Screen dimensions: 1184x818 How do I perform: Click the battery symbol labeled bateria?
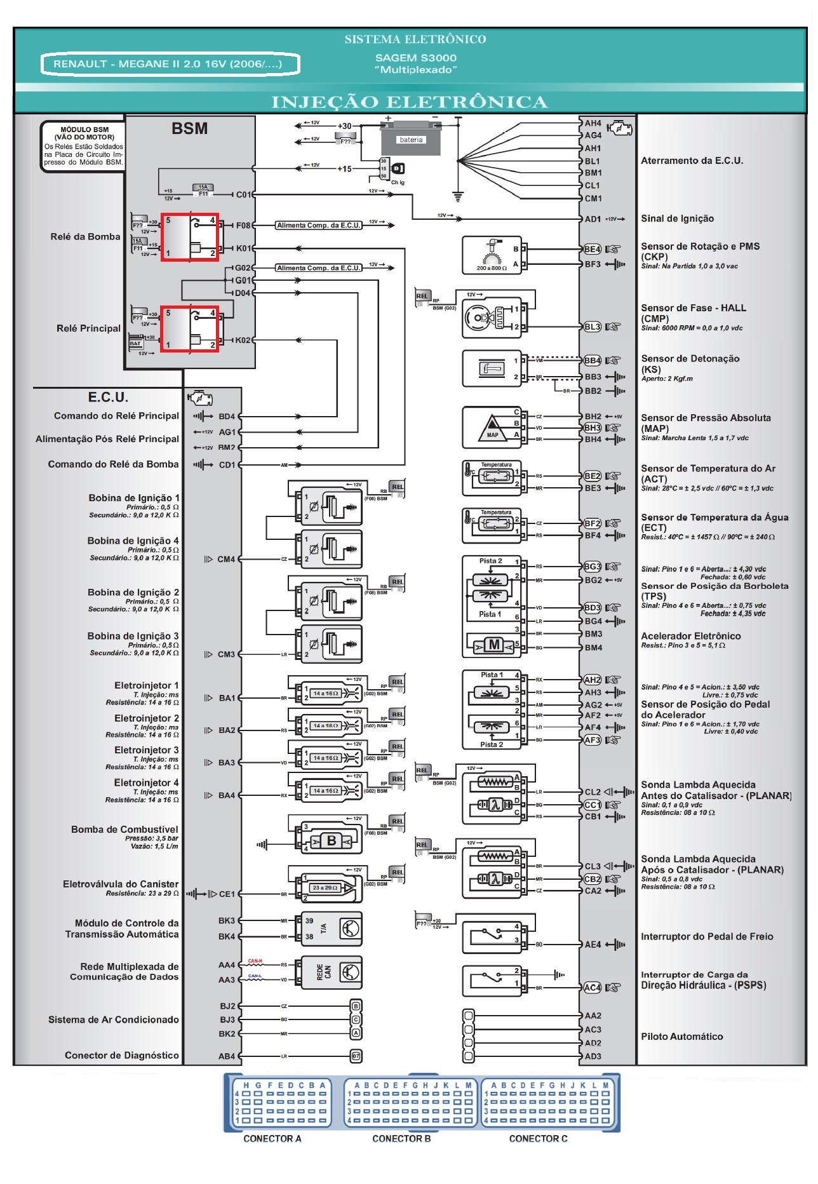coord(410,140)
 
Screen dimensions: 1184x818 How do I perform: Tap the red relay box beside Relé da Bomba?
coord(189,237)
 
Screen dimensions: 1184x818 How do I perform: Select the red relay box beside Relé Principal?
coord(189,329)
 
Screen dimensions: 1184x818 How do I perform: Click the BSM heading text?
coord(189,128)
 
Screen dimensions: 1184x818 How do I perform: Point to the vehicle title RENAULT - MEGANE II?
coord(168,64)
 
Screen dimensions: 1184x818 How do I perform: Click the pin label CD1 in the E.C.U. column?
coord(227,465)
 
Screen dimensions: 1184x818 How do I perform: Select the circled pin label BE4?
coord(592,249)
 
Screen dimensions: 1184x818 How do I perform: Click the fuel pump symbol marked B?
coord(331,841)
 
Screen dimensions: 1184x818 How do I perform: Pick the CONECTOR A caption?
coord(272,1139)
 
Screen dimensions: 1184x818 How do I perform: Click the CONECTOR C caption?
coord(538,1139)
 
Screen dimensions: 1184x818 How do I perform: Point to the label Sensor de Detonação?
coord(690,359)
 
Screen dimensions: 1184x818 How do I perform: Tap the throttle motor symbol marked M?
coord(493,645)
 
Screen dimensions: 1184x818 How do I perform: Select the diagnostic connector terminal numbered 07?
coord(356,1056)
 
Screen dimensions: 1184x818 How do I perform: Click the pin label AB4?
coord(227,1056)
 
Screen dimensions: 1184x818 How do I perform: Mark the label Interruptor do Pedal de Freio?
coord(707,936)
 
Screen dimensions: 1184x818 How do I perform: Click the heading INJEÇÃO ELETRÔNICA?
coord(409,102)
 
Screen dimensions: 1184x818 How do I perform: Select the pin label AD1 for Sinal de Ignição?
coord(593,219)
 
